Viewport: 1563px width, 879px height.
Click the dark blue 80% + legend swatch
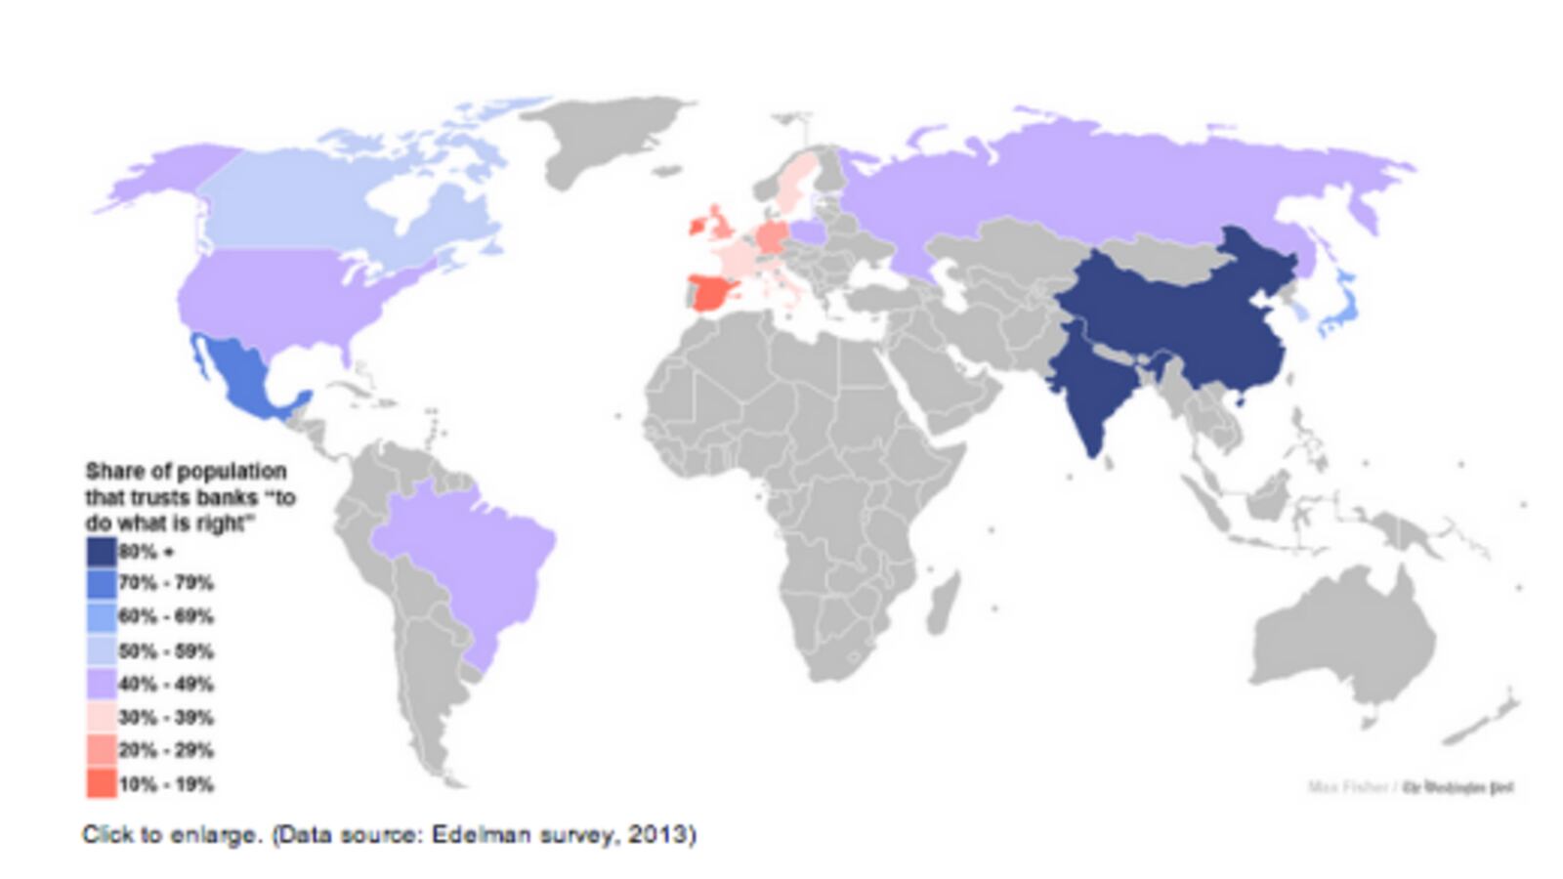[101, 552]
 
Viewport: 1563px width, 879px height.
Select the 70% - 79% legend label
[166, 583]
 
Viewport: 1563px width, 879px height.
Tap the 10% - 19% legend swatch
[101, 783]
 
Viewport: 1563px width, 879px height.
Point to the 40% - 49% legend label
[166, 684]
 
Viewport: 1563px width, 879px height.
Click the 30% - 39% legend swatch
[101, 717]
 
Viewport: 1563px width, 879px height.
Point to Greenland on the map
[606, 137]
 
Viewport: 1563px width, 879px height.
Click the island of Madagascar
[944, 601]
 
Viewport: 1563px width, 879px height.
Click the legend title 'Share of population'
[186, 471]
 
